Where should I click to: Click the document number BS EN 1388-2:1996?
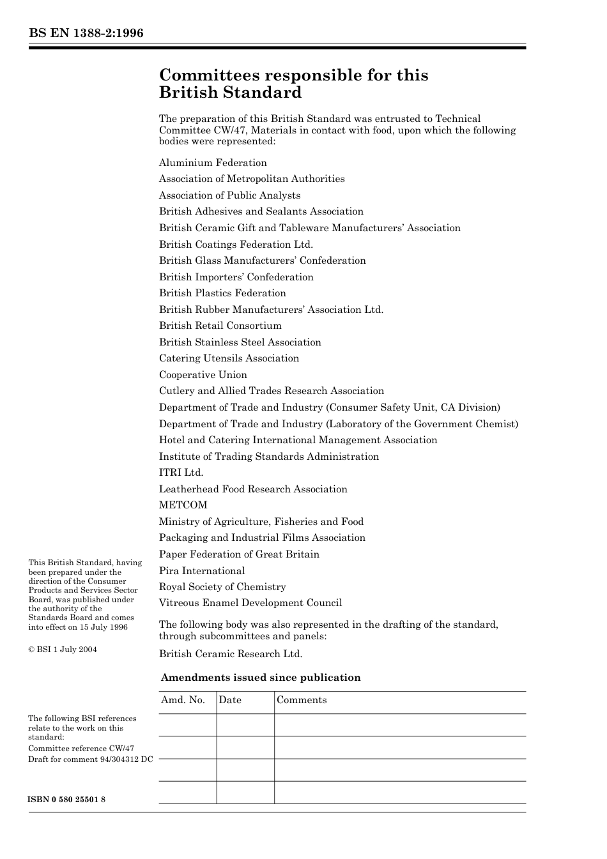pyautogui.click(x=86, y=33)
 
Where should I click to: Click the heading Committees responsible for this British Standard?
pyautogui.click(x=293, y=84)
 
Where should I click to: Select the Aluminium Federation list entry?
pyautogui.click(x=213, y=163)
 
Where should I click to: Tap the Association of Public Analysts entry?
pyautogui.click(x=229, y=195)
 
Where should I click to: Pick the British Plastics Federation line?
pyautogui.click(x=222, y=293)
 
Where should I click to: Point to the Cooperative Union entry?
pyautogui.click(x=203, y=375)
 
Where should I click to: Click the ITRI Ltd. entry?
pyautogui.click(x=181, y=473)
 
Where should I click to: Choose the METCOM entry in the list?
pyautogui.click(x=183, y=505)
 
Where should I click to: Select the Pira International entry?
pyautogui.click(x=202, y=571)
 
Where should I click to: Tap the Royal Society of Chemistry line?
pyautogui.click(x=222, y=587)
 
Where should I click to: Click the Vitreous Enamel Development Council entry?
pyautogui.click(x=250, y=603)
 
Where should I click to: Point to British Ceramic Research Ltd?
pyautogui.click(x=231, y=654)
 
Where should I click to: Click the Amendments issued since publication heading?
pyautogui.click(x=261, y=678)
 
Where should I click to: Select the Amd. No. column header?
pyautogui.click(x=183, y=700)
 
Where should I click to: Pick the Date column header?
pyautogui.click(x=230, y=700)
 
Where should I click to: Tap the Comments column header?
pyautogui.click(x=302, y=700)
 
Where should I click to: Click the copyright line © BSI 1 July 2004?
pyautogui.click(x=63, y=650)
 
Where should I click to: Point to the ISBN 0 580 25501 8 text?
pyautogui.click(x=66, y=800)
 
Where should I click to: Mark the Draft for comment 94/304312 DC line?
pyautogui.click(x=90, y=759)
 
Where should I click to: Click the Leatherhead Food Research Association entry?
pyautogui.click(x=253, y=489)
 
